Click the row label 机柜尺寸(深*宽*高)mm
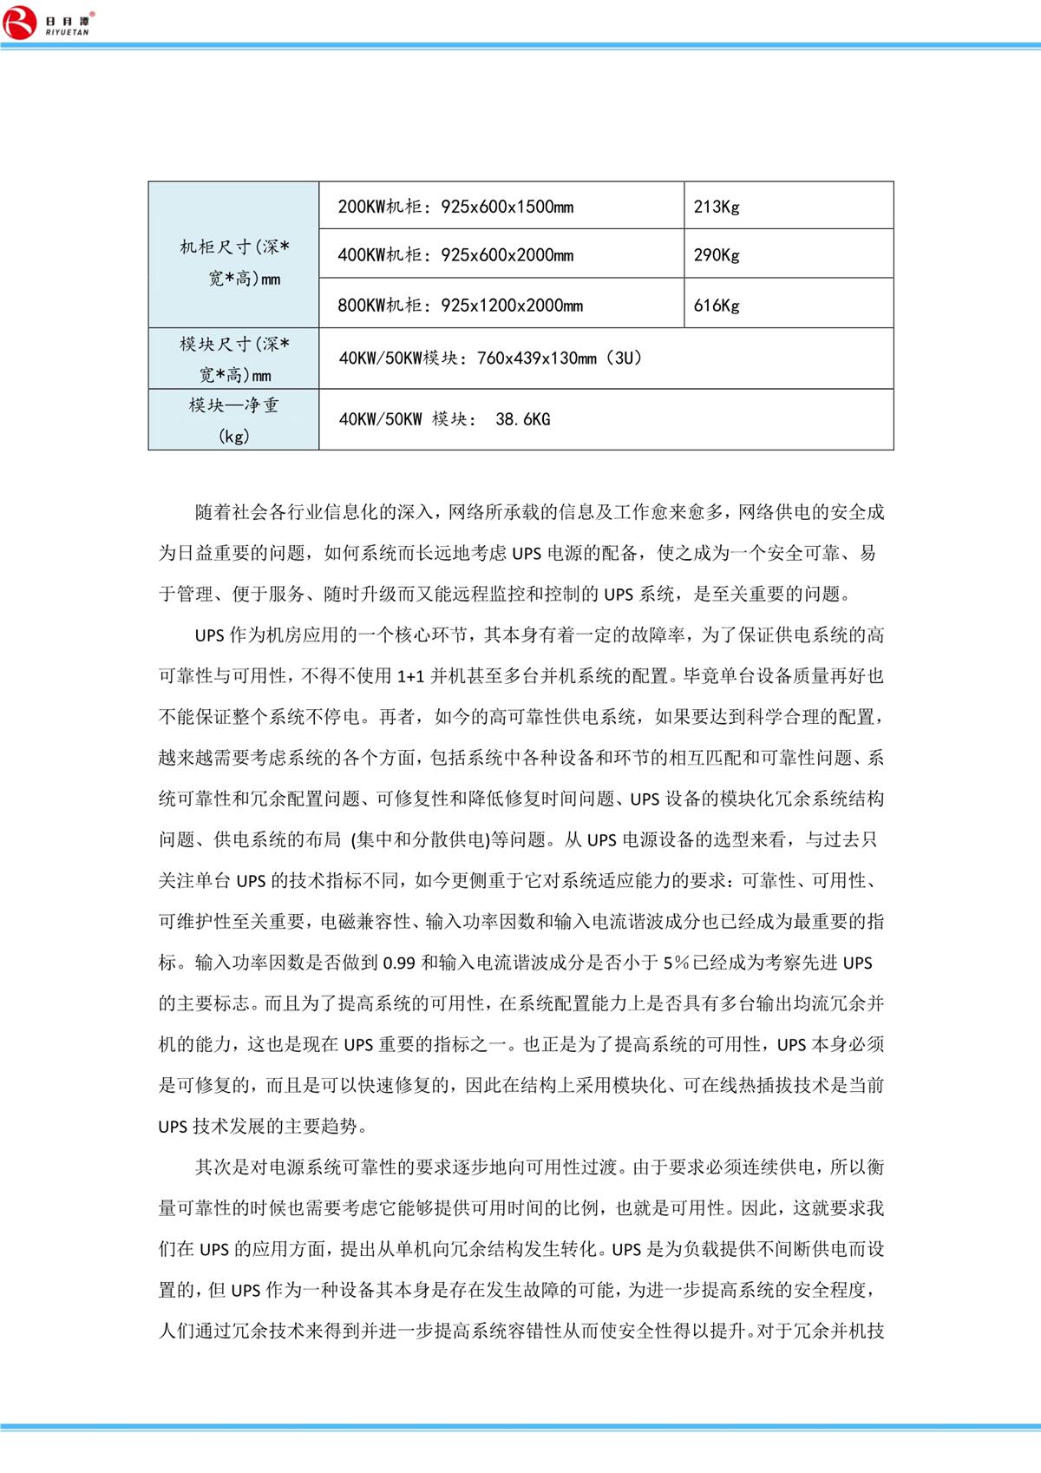pyautogui.click(x=234, y=262)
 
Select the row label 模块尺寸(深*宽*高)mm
pyautogui.click(x=234, y=359)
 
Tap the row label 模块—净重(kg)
pyautogui.click(x=234, y=419)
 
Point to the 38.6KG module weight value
pyautogui.click(x=522, y=419)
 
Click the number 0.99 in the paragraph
pyautogui.click(x=399, y=963)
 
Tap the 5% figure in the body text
pyautogui.click(x=676, y=963)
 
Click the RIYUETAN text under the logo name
pyautogui.click(x=67, y=32)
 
